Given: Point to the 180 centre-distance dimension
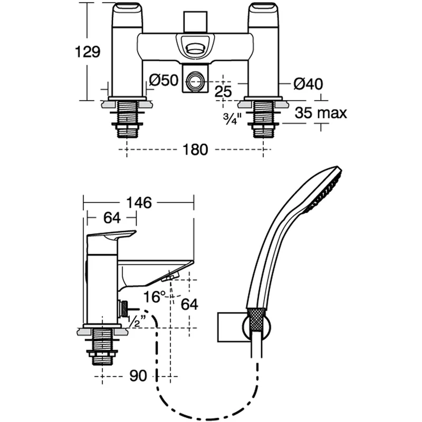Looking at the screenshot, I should coord(196,150).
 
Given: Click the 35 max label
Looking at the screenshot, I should coord(321,112).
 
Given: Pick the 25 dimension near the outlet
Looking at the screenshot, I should coord(224,91).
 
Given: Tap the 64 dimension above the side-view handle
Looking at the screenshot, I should coord(112,217).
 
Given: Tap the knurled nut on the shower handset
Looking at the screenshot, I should coord(256,320).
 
